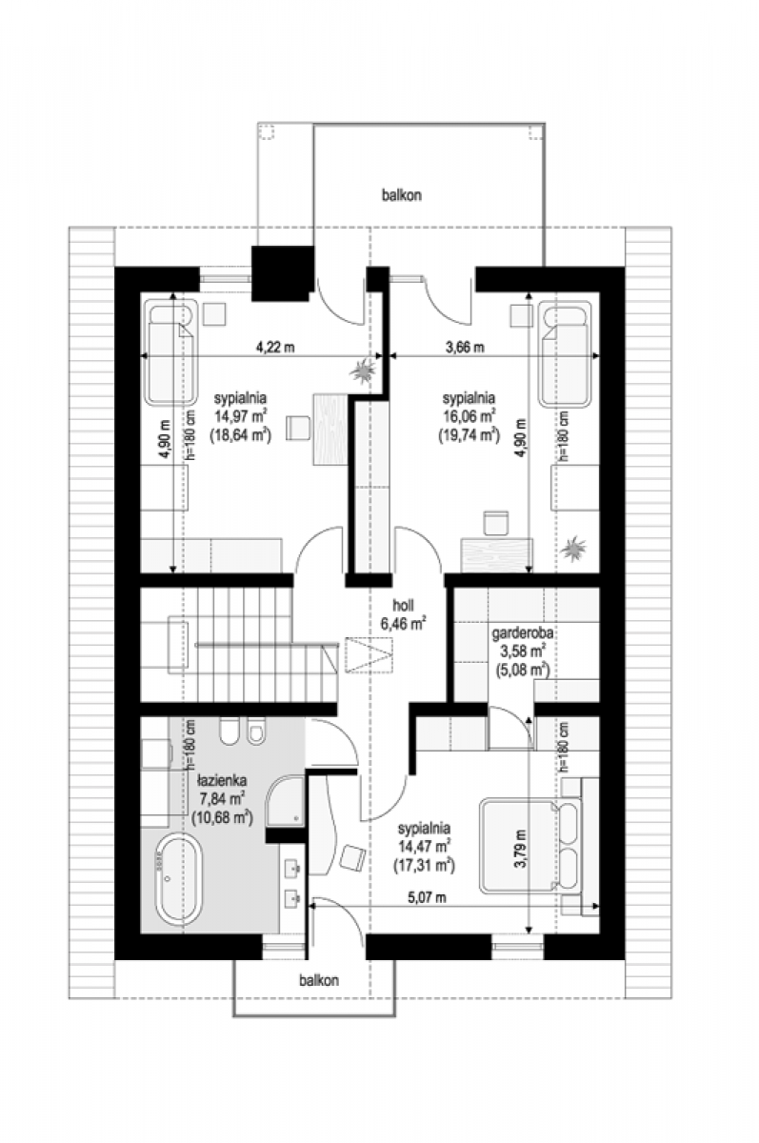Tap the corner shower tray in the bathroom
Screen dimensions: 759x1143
[x=285, y=801]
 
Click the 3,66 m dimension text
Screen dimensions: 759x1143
[x=465, y=348]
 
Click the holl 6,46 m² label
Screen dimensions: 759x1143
[x=403, y=614]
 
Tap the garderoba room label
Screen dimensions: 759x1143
[x=522, y=633]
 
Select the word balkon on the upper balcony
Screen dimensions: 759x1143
[x=402, y=195]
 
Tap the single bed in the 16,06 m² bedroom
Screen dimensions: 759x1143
[x=565, y=354]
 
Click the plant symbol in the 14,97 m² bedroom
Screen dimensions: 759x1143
[x=363, y=370]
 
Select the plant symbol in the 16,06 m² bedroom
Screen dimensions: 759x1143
[x=573, y=549]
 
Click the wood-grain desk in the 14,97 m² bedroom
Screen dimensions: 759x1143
[x=330, y=429]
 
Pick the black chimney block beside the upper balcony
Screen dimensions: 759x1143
[x=282, y=273]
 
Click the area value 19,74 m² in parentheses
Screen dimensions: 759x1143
[x=469, y=434]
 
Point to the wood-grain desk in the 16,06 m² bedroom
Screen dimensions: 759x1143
[x=497, y=554]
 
